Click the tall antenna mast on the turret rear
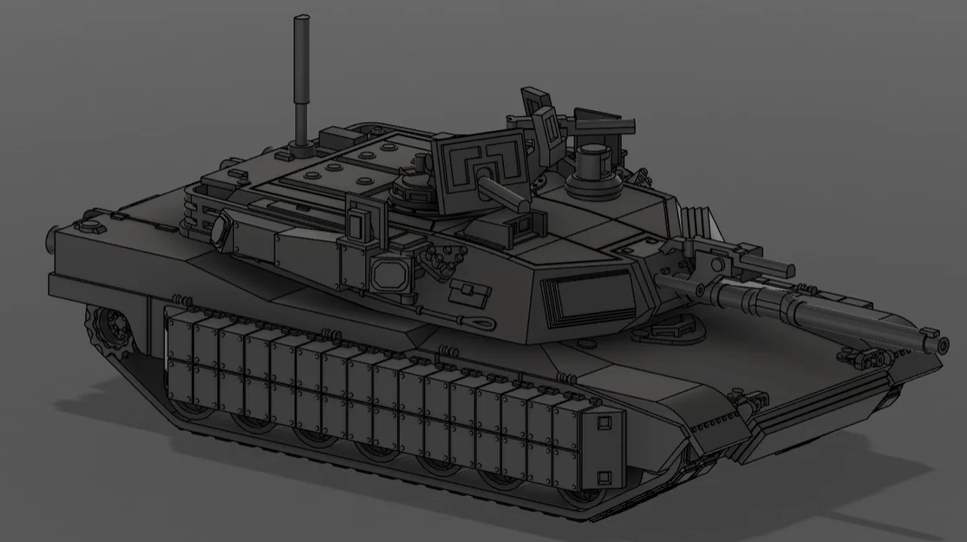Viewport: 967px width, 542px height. coord(302,78)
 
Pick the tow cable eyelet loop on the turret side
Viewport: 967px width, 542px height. coord(480,322)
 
